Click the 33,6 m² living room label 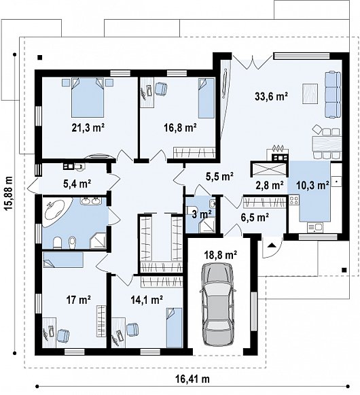pyautogui.click(x=272, y=97)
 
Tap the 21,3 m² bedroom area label pyautogui.click(x=88, y=128)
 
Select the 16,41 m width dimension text pyautogui.click(x=193, y=379)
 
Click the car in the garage pyautogui.click(x=218, y=305)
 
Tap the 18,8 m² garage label pyautogui.click(x=221, y=255)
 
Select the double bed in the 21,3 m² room pyautogui.click(x=88, y=97)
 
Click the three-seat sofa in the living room pyautogui.click(x=333, y=95)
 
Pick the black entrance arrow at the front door pyautogui.click(x=271, y=245)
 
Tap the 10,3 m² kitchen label pyautogui.click(x=312, y=186)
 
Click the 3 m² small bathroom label pyautogui.click(x=202, y=215)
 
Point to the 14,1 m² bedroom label pyautogui.click(x=147, y=300)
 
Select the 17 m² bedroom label pyautogui.click(x=79, y=300)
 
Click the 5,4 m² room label pyautogui.click(x=77, y=184)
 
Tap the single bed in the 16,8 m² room pyautogui.click(x=206, y=98)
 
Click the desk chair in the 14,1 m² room pyautogui.click(x=132, y=329)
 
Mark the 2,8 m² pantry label pyautogui.click(x=270, y=185)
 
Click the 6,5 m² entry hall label pyautogui.click(x=255, y=217)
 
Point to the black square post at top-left pyautogui.click(x=39, y=57)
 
